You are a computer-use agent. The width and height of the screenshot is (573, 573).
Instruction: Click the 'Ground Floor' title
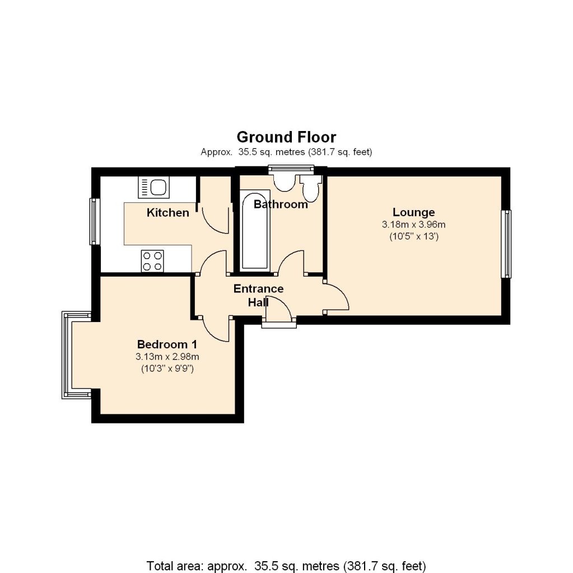click(286, 137)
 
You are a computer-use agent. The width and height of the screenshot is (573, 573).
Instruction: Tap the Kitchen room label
click(167, 213)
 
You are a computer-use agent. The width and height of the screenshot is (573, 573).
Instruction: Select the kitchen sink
click(153, 187)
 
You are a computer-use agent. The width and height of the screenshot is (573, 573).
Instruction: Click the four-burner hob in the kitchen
click(152, 260)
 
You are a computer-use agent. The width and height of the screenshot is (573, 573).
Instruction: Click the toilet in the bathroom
click(310, 188)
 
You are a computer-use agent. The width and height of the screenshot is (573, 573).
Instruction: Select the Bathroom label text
click(281, 204)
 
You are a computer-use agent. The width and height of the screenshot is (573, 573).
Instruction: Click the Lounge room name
click(413, 212)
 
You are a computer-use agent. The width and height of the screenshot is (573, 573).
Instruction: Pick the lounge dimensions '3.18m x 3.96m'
click(413, 225)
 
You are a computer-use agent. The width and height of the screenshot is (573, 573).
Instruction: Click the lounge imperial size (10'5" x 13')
click(413, 236)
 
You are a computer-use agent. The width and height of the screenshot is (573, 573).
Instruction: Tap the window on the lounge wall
click(506, 244)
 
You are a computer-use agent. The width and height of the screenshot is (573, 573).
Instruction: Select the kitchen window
click(94, 221)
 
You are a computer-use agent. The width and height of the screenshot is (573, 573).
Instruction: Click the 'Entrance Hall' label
click(258, 295)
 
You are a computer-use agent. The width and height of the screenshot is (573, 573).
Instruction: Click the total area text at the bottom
click(286, 564)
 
